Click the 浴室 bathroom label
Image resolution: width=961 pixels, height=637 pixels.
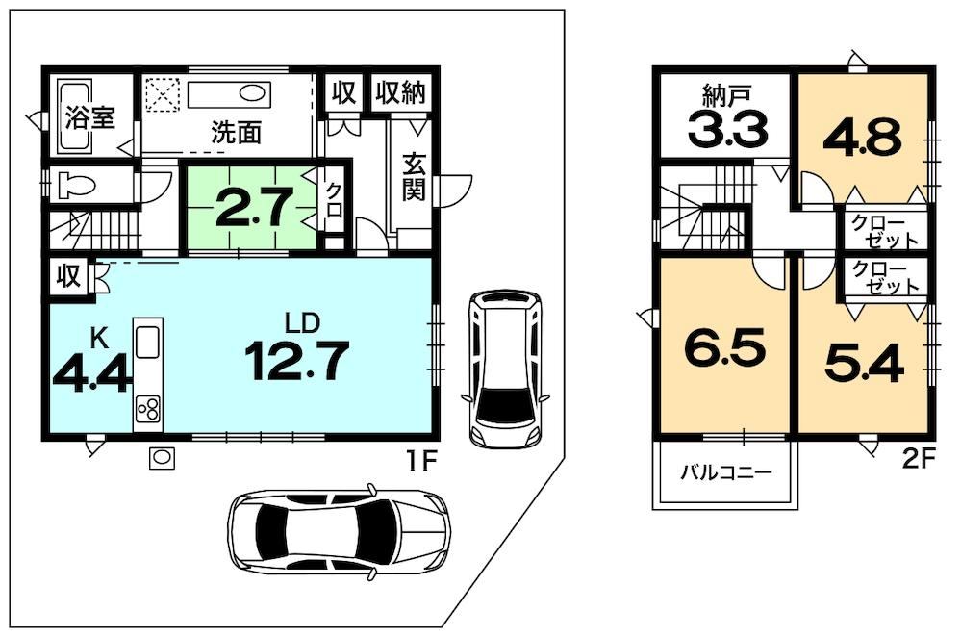[90, 117]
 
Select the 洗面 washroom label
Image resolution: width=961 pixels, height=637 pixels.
[237, 132]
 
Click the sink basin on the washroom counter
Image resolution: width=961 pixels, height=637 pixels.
[251, 94]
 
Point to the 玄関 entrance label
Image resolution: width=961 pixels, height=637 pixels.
[414, 176]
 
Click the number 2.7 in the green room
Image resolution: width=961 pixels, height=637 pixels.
[252, 207]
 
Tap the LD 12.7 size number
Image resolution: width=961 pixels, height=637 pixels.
[298, 361]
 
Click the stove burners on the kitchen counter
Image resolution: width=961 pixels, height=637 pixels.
[148, 408]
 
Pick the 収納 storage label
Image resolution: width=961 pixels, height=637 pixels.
[400, 92]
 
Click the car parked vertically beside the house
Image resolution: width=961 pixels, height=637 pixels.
[505, 369]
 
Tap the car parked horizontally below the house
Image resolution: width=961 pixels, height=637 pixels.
[339, 531]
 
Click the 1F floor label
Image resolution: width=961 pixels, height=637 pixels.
[420, 461]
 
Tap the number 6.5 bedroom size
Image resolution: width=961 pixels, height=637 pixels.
[725, 347]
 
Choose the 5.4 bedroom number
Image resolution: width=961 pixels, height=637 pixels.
[864, 363]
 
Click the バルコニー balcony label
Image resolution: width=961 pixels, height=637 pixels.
[726, 472]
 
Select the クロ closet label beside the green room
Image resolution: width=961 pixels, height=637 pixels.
[334, 200]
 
